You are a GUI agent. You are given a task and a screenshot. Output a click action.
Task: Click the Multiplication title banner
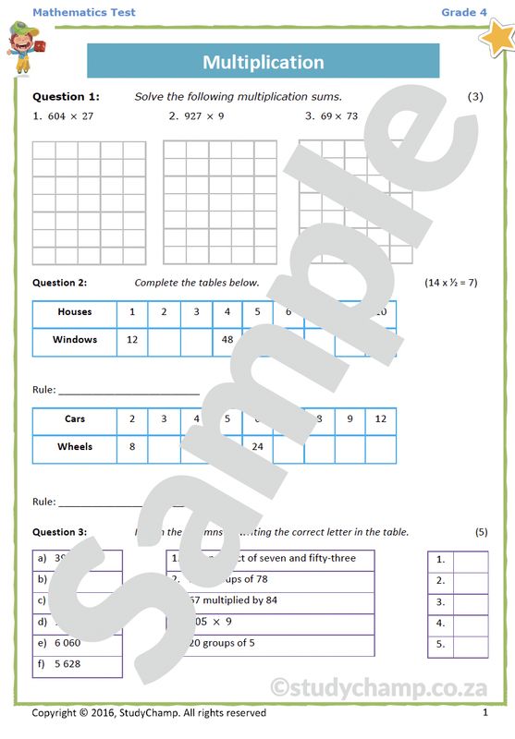click(264, 62)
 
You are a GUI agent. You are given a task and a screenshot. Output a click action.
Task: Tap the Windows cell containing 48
click(227, 340)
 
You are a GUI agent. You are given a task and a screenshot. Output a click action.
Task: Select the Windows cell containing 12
click(132, 340)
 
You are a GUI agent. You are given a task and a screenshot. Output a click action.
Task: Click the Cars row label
click(75, 419)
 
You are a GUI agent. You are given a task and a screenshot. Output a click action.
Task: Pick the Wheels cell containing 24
click(258, 447)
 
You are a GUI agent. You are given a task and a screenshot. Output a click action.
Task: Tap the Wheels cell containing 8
click(132, 447)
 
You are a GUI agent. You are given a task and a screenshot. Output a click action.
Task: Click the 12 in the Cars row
click(381, 419)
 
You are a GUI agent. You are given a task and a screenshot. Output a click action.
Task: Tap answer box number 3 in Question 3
click(471, 602)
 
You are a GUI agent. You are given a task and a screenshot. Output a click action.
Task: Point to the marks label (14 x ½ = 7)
click(451, 283)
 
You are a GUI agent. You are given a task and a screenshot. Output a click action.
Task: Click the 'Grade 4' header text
click(463, 12)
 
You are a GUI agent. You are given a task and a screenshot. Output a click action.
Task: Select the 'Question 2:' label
click(60, 283)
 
